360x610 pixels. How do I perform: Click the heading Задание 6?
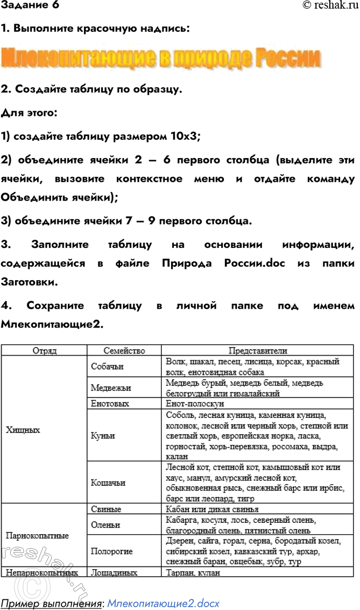[x=30, y=6]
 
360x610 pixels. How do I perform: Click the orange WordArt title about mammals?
[x=161, y=58]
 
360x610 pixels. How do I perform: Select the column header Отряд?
[x=44, y=351]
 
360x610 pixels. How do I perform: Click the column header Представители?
[x=258, y=351]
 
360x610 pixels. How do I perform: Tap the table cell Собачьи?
[x=107, y=366]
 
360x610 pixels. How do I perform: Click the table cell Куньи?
[x=103, y=435]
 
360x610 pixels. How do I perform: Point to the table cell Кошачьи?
[x=108, y=483]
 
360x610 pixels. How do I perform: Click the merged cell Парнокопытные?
[x=37, y=536]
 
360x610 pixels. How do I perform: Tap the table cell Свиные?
[x=106, y=509]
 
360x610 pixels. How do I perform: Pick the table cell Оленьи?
[x=105, y=525]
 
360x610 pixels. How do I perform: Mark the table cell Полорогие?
[x=112, y=551]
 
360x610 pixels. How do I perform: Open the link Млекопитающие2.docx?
[x=163, y=604]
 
